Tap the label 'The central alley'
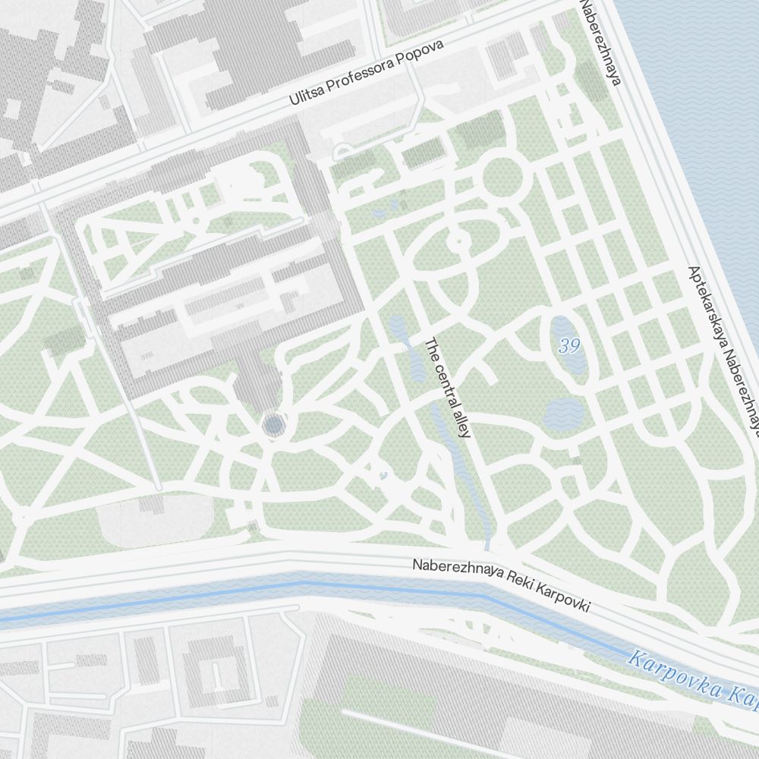(x=448, y=388)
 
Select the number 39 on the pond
(x=569, y=347)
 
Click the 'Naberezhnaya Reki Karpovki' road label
(x=501, y=586)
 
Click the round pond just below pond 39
(x=565, y=414)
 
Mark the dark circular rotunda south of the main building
(x=273, y=425)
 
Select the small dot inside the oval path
(x=458, y=242)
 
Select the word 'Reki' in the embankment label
(x=512, y=589)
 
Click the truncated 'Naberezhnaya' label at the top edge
(x=600, y=42)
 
